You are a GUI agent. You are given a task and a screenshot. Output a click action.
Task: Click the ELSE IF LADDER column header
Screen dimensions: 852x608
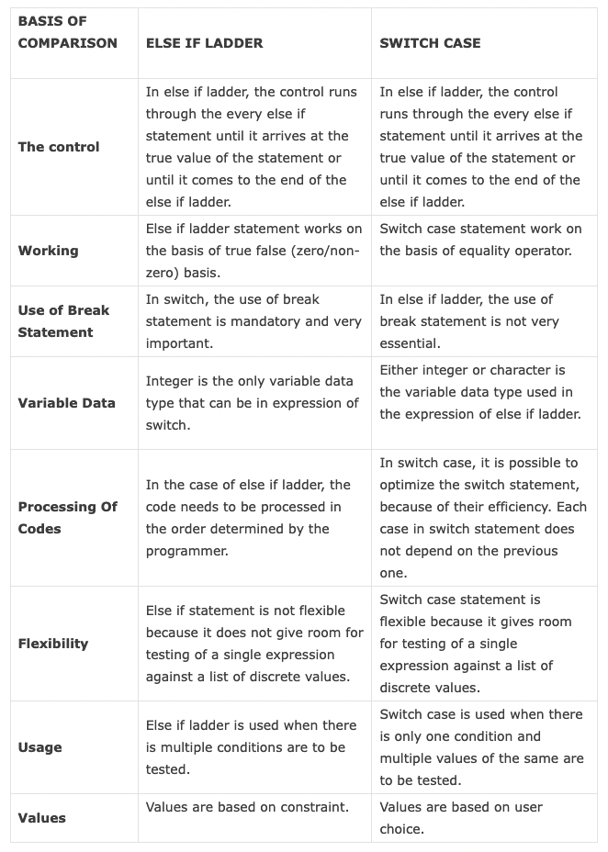204,43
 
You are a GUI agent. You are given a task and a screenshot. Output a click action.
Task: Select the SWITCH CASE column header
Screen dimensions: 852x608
430,43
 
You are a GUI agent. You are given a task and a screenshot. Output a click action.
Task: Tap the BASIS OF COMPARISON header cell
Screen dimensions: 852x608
67,32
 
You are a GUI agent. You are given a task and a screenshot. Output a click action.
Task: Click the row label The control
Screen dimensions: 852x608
59,147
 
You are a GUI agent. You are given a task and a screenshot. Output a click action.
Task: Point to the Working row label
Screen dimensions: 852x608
48,251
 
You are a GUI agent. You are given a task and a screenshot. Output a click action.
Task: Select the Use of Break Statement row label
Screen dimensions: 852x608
63,321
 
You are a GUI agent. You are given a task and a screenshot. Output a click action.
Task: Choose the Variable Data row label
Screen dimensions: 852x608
66,403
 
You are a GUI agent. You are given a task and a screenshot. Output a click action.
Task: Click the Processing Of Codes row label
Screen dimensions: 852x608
67,518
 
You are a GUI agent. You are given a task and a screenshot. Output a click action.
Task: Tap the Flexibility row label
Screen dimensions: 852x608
53,644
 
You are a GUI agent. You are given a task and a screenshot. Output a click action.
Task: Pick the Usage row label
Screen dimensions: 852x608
39,747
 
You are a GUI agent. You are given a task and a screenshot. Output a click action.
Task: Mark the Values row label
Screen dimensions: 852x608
41,818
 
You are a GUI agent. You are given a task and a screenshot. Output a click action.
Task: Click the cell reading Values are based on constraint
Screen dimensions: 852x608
247,807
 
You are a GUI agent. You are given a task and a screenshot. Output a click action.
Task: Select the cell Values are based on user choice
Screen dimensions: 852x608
460,818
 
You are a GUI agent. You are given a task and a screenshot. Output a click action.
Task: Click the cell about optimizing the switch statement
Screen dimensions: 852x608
482,518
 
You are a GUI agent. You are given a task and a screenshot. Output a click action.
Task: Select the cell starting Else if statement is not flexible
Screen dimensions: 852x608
253,644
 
